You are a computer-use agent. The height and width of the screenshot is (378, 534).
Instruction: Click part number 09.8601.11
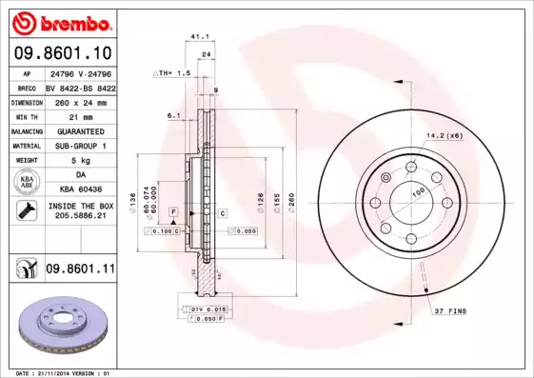pyautogui.click(x=81, y=269)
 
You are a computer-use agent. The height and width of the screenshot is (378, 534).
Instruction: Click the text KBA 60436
pyautogui.click(x=79, y=189)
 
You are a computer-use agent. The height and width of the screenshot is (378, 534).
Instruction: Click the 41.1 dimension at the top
pyautogui.click(x=200, y=37)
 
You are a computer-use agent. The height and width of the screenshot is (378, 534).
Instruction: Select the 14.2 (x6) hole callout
pyautogui.click(x=445, y=135)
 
